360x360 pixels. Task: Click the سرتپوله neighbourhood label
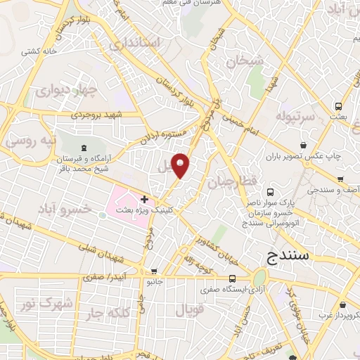pos(292,115)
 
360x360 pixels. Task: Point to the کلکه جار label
pos(104,311)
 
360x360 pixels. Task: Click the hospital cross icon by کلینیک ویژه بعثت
pos(145,200)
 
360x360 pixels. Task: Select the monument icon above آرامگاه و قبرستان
pos(84,147)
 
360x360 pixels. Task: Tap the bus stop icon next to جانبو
pos(154,271)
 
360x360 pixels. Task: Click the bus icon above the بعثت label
pos(340,106)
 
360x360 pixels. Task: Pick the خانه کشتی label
pos(41,51)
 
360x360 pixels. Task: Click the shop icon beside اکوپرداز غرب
pos(342,305)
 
